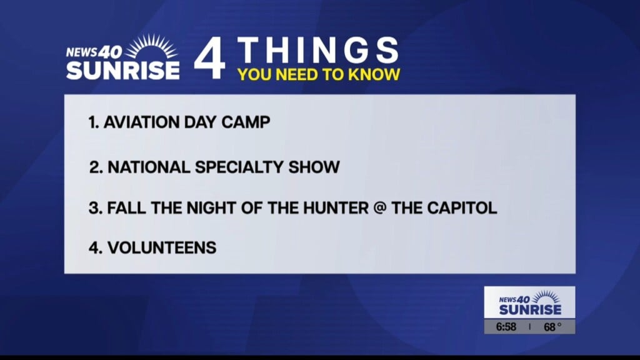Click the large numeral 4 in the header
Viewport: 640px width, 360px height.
coord(209,57)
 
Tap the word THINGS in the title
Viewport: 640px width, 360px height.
coord(317,50)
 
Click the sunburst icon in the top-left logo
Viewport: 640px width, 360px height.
coord(151,47)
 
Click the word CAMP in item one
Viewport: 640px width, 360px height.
coord(246,122)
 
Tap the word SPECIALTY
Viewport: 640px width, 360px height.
coord(239,167)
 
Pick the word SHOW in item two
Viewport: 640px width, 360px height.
coord(314,167)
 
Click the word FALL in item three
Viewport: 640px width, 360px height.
coord(126,208)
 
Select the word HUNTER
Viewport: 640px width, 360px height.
coord(336,208)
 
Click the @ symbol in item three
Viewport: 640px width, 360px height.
coord(380,208)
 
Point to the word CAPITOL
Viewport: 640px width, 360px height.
coord(462,208)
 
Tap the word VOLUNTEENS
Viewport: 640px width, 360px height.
coord(162,247)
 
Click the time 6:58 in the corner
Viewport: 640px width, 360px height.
coord(506,326)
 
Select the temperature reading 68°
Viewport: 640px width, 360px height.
coord(552,326)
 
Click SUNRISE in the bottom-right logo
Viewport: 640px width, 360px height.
coord(530,309)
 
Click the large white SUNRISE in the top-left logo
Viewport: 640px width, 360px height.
coord(123,70)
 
